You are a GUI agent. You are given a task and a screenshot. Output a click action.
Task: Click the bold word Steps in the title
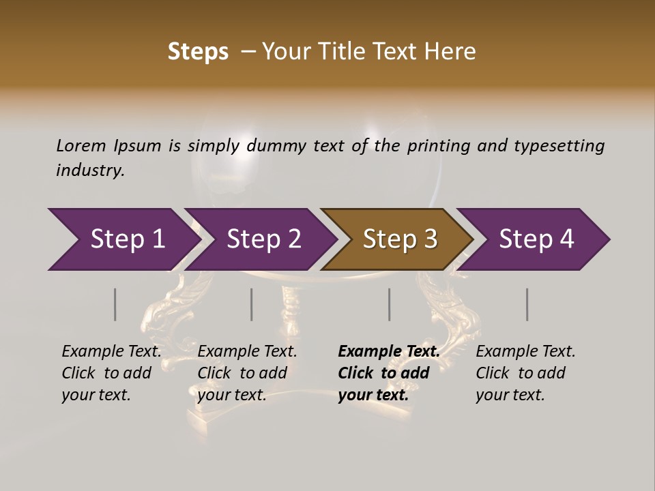(198, 52)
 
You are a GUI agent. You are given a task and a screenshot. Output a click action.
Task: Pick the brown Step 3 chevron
(397, 239)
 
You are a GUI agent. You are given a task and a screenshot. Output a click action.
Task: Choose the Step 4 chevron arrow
(534, 239)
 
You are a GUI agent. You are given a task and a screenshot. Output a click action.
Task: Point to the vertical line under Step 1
(115, 304)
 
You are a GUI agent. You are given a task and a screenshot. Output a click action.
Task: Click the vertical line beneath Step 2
(252, 304)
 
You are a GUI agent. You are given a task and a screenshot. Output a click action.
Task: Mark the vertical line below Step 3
(390, 304)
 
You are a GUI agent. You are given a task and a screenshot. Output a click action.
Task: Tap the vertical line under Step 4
(527, 304)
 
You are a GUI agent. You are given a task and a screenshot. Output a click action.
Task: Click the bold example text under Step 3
(388, 373)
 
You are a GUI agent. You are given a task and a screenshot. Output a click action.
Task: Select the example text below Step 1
(111, 373)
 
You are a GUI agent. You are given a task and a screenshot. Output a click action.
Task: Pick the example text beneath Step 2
(246, 373)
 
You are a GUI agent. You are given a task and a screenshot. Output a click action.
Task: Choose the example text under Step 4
(525, 373)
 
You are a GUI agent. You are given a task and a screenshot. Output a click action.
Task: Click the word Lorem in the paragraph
(81, 146)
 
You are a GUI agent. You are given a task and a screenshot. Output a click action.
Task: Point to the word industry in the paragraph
(89, 170)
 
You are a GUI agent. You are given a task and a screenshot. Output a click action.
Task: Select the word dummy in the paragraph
(276, 146)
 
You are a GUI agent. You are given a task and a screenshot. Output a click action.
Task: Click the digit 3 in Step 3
(430, 239)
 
